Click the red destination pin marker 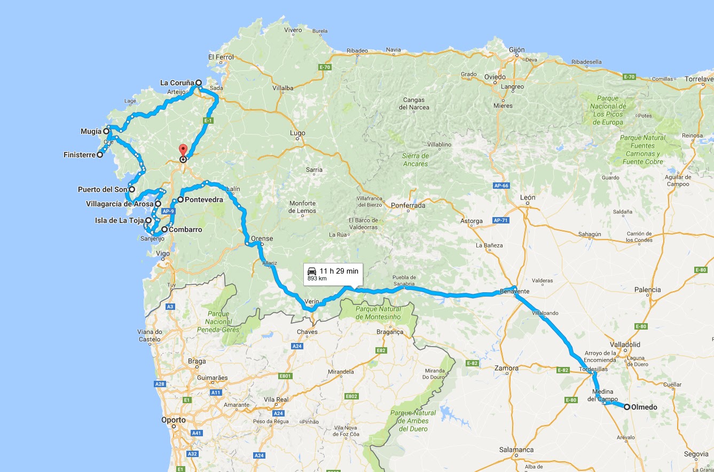point(183,150)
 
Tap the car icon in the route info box point(312,271)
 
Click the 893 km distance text point(317,279)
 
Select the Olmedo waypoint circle point(627,407)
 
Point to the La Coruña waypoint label point(177,83)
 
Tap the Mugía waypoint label point(91,131)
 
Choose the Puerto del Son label point(103,189)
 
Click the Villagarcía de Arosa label point(120,204)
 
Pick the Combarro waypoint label point(185,229)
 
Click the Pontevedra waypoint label point(203,199)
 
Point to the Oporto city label point(174,420)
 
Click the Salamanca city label point(517,450)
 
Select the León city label point(528,197)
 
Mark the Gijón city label point(517,50)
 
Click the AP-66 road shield point(500,186)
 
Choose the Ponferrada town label point(408,205)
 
